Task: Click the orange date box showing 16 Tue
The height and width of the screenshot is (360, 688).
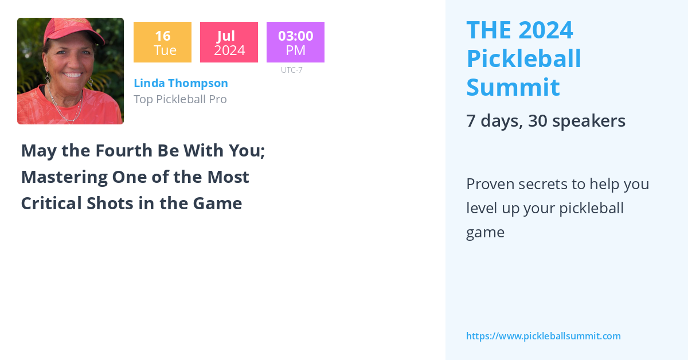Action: tap(162, 42)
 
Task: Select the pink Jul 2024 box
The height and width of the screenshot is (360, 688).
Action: tap(229, 42)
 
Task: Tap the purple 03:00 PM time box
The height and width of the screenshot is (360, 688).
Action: tap(295, 42)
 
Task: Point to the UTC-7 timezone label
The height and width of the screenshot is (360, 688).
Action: tap(292, 70)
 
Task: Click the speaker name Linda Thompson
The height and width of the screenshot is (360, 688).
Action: tap(181, 83)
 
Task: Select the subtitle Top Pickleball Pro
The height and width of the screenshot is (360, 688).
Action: tap(180, 99)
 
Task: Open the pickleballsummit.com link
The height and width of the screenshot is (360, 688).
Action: tap(543, 336)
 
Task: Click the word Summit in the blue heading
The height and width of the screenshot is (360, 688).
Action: tap(513, 87)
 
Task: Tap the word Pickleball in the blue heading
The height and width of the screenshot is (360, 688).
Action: tap(523, 58)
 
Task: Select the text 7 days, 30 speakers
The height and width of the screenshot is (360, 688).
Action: tap(545, 121)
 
